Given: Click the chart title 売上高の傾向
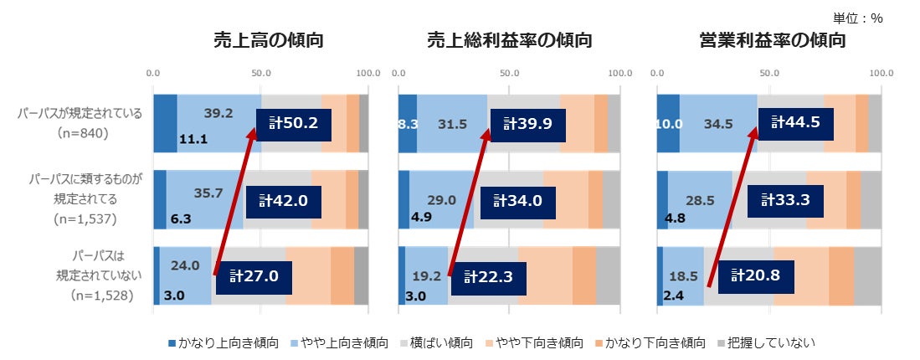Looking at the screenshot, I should click(x=268, y=40).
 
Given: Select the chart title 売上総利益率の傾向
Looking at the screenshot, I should click(x=510, y=40).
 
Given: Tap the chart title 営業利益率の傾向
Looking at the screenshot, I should click(x=772, y=40).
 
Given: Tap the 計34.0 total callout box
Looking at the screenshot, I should click(x=517, y=201).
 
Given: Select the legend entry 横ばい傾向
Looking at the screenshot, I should click(x=436, y=342).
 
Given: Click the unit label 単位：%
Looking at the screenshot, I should click(x=857, y=18).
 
